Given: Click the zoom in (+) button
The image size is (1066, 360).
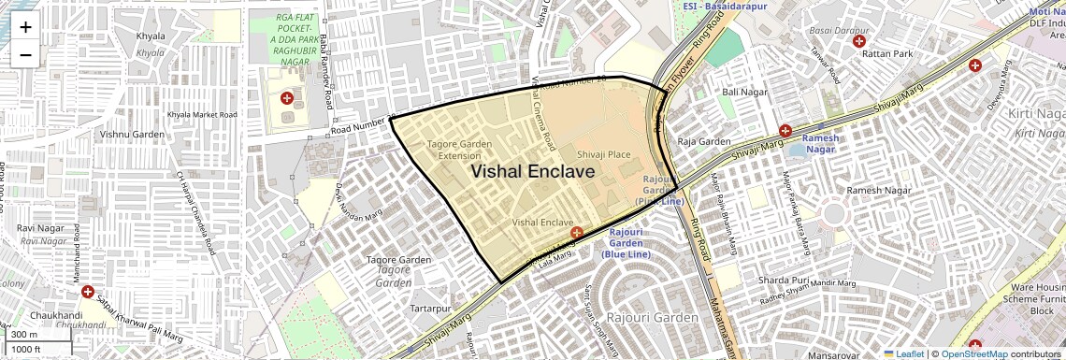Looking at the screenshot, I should click(x=25, y=27).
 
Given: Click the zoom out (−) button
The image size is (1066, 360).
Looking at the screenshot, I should click(x=25, y=54).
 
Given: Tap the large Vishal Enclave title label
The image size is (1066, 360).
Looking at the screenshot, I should click(x=532, y=172).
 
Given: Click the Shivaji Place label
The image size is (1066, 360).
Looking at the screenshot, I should click(x=603, y=154).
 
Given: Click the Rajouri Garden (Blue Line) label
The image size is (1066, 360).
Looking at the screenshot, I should click(x=627, y=242).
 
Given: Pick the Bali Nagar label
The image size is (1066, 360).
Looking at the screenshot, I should click(x=744, y=92).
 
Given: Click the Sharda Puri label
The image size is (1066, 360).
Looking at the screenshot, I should click(x=783, y=280).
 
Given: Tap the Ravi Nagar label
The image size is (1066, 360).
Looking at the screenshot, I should click(x=38, y=227).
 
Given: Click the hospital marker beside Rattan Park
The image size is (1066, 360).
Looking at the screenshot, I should click(x=857, y=41).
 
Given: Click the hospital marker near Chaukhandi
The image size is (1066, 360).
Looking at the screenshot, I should click(x=88, y=293).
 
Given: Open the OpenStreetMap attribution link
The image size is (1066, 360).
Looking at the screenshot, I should click(x=973, y=353).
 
